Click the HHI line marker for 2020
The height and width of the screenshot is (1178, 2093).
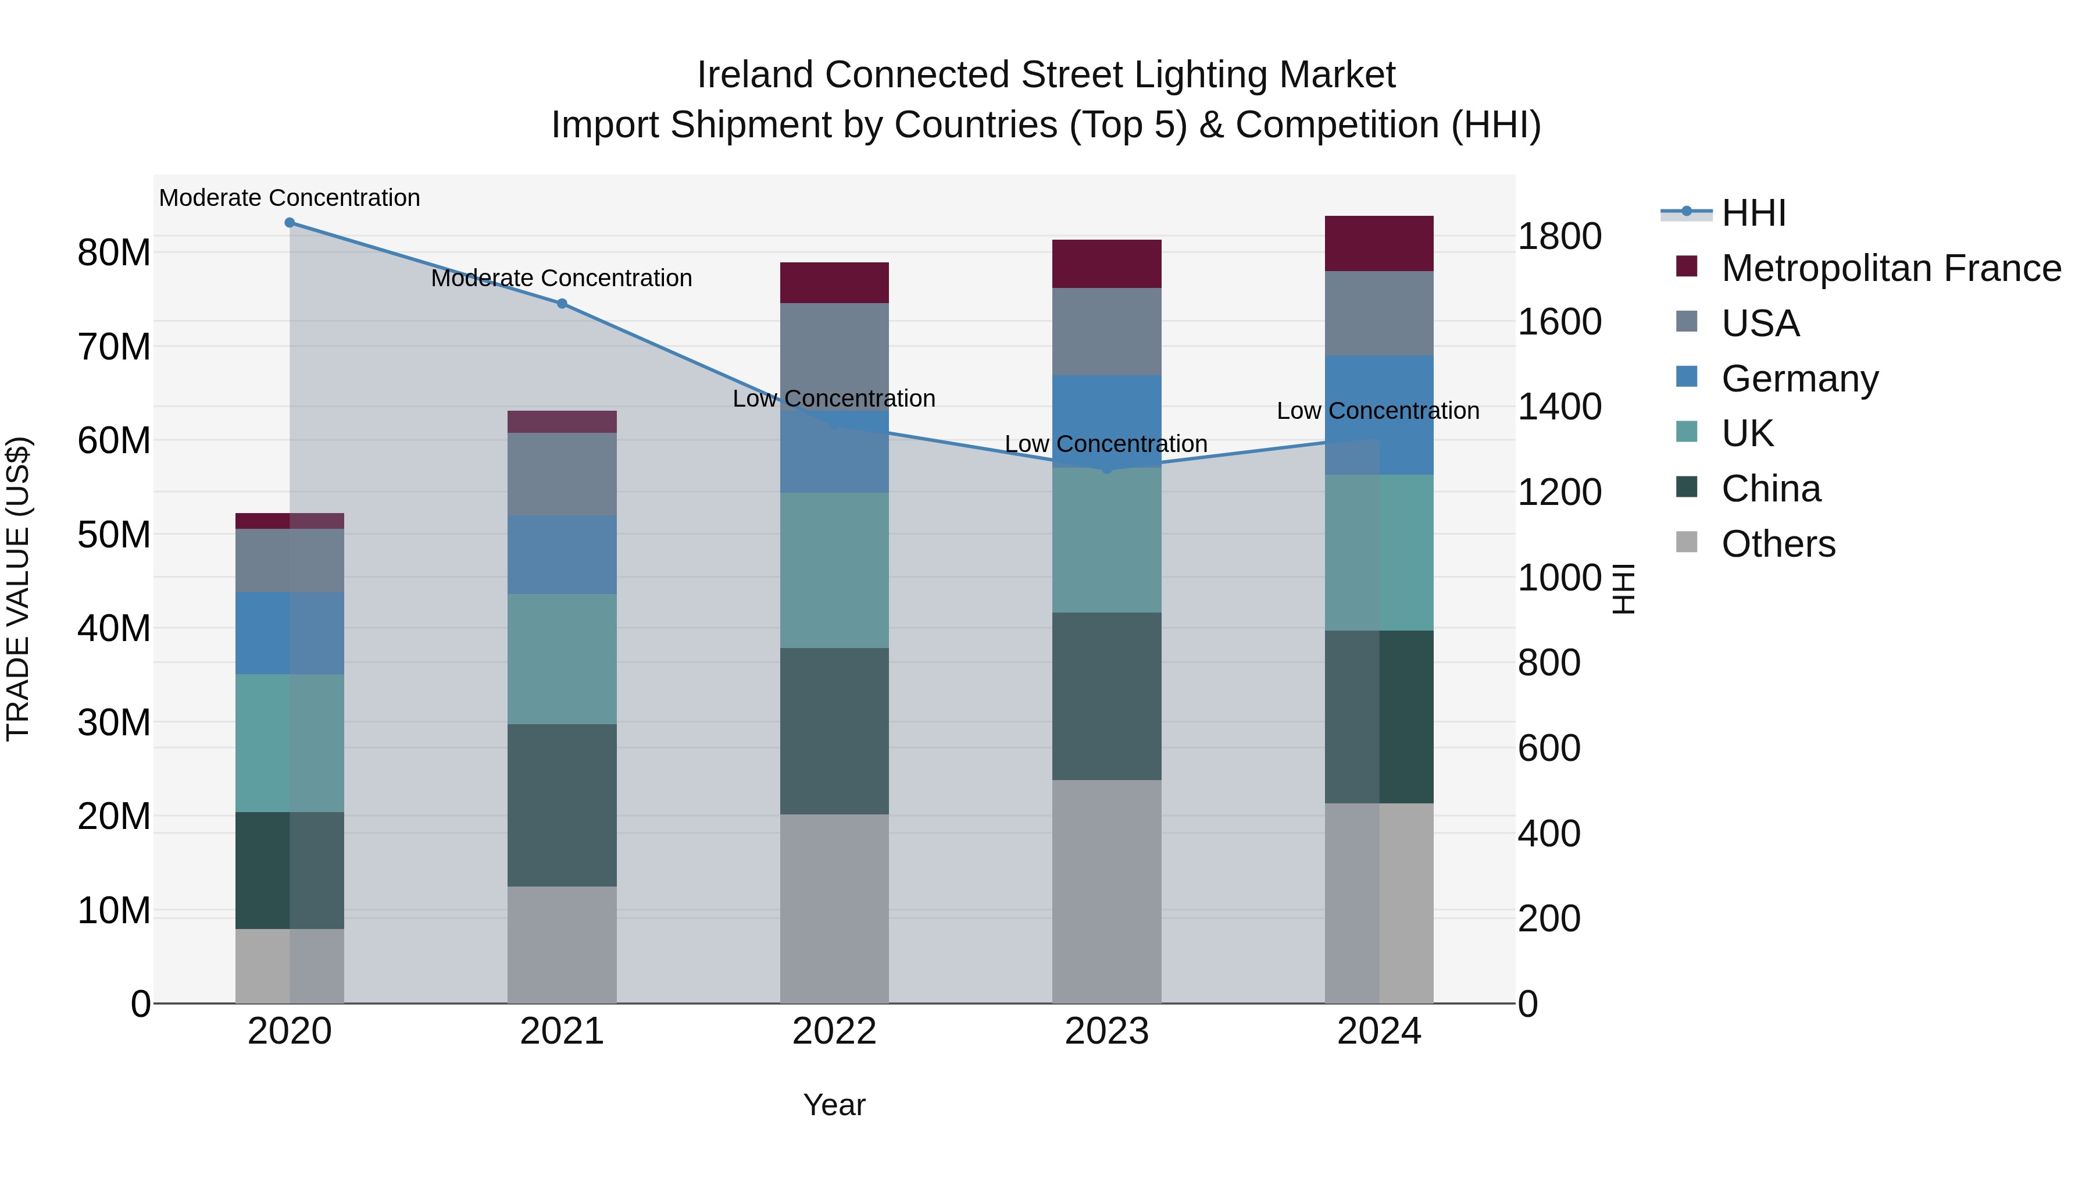coord(290,223)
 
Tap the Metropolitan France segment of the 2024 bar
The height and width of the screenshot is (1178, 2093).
coord(1379,244)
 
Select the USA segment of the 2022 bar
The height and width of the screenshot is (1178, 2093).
coord(834,356)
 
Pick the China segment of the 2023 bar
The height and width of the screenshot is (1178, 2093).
coord(1106,696)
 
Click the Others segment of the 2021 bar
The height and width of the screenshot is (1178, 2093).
coord(562,945)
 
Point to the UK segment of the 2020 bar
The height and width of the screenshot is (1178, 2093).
coord(290,743)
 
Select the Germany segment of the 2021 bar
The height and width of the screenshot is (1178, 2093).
coord(562,554)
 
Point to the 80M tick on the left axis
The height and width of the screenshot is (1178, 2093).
coord(114,253)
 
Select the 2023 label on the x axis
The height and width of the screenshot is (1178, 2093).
coord(1106,1031)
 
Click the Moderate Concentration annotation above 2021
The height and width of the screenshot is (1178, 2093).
coord(562,278)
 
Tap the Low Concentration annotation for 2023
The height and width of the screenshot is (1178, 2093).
coord(1106,444)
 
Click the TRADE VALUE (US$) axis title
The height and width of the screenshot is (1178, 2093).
coord(18,589)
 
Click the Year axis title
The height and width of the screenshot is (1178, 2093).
coord(834,1105)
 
